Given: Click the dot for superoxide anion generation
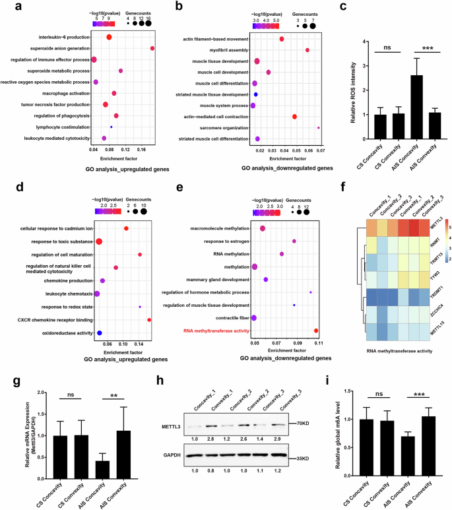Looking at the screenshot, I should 152,48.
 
